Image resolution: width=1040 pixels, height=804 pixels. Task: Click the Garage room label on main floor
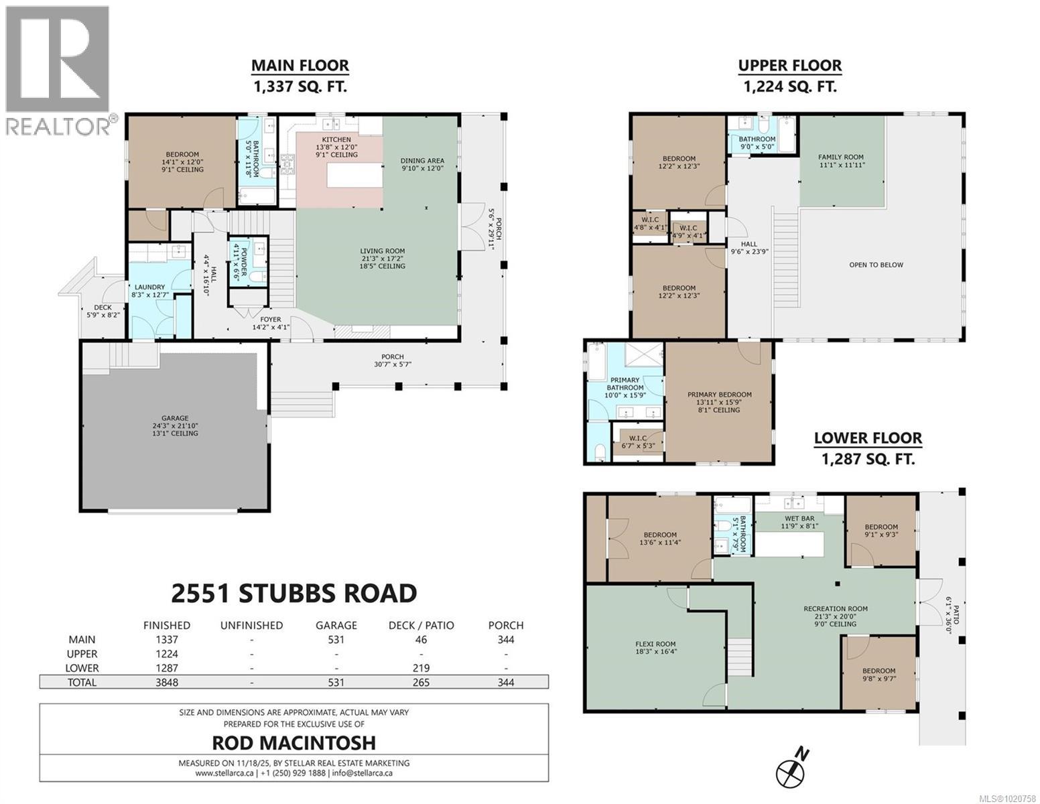[x=174, y=419]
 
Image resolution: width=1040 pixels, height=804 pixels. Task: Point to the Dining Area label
[x=422, y=161]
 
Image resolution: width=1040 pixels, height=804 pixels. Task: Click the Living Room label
[x=383, y=251]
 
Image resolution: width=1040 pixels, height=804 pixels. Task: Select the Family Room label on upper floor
[x=840, y=157]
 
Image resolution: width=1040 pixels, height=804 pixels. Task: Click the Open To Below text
[x=876, y=265]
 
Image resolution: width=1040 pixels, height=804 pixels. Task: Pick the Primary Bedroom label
[x=719, y=395]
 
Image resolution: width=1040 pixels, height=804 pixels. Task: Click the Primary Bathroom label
[x=625, y=384]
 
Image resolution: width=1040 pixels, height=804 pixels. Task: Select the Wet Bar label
[x=799, y=519]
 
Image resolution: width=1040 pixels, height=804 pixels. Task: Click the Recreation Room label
[x=836, y=609]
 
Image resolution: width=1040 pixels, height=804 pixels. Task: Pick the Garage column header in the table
[x=336, y=625]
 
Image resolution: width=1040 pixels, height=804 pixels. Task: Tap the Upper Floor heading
[x=789, y=66]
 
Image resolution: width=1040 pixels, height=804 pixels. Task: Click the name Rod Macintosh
[x=294, y=742]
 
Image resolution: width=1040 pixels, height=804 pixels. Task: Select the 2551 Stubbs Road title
[x=294, y=593]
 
